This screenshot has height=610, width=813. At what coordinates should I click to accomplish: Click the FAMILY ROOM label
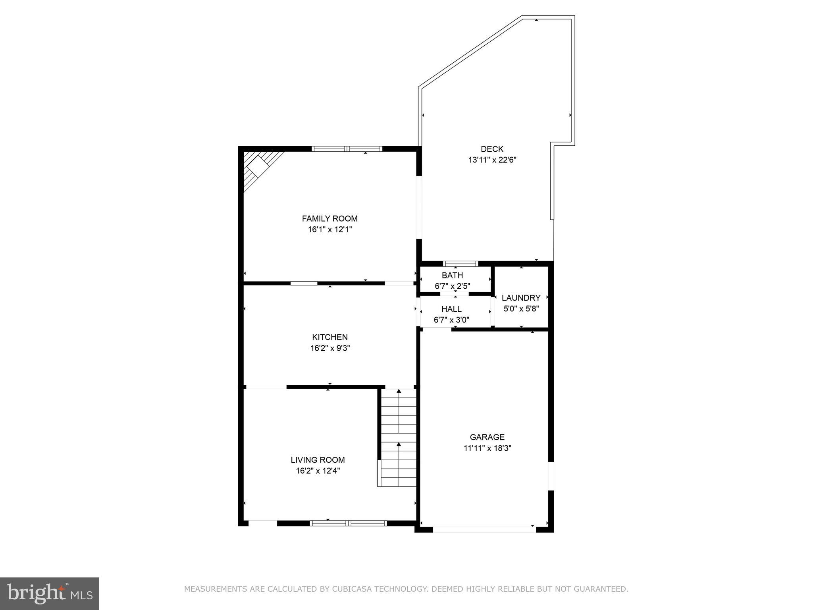point(329,218)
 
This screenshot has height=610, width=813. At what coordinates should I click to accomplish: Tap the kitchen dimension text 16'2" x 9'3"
point(330,348)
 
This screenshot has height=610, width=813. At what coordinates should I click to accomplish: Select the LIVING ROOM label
point(318,460)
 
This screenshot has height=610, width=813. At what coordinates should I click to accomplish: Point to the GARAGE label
point(487,437)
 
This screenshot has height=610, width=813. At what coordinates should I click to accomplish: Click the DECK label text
point(492,149)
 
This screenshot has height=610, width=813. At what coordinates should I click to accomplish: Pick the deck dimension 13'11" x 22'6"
point(492,160)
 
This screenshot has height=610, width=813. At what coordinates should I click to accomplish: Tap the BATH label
point(452,275)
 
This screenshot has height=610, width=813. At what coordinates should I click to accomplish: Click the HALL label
point(451,309)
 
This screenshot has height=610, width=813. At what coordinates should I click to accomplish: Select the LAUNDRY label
point(521,298)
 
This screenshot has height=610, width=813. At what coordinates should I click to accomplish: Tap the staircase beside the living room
point(398,437)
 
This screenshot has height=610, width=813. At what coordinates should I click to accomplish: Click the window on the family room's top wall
point(347,149)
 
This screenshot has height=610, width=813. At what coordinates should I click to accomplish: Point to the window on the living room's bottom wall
point(348,523)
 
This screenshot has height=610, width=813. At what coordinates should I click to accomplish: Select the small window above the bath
point(460,264)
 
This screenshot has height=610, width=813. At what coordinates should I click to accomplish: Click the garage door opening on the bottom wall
point(484,529)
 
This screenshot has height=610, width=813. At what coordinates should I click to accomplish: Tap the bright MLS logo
point(49,593)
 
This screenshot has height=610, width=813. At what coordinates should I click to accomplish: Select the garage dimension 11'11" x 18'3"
point(487,448)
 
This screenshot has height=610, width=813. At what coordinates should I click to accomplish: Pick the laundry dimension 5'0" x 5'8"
point(521,309)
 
